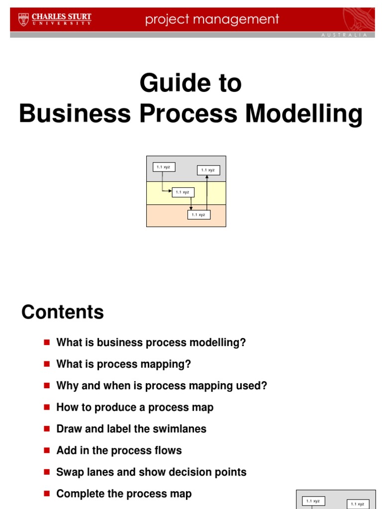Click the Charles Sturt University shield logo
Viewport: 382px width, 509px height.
click(x=23, y=19)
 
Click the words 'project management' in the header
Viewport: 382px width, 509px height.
click(x=212, y=19)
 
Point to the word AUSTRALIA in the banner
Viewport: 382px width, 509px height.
click(x=345, y=35)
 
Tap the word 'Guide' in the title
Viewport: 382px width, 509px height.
click(x=169, y=83)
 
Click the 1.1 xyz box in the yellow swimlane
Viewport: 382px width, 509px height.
click(x=183, y=192)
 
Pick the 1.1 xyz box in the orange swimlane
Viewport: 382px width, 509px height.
click(x=198, y=215)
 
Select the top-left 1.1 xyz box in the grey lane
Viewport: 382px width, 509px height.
click(x=164, y=167)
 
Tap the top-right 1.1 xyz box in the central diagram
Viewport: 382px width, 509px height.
click(x=208, y=170)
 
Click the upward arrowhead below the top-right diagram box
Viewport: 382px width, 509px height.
click(x=207, y=177)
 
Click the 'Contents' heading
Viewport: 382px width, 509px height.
click(x=63, y=312)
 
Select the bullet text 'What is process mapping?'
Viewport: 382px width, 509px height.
click(x=123, y=364)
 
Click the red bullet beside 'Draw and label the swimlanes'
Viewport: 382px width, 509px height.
click(x=47, y=428)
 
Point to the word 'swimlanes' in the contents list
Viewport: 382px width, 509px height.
click(x=181, y=429)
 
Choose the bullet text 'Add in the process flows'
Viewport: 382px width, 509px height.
click(x=119, y=450)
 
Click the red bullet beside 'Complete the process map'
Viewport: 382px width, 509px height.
click(x=47, y=493)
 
